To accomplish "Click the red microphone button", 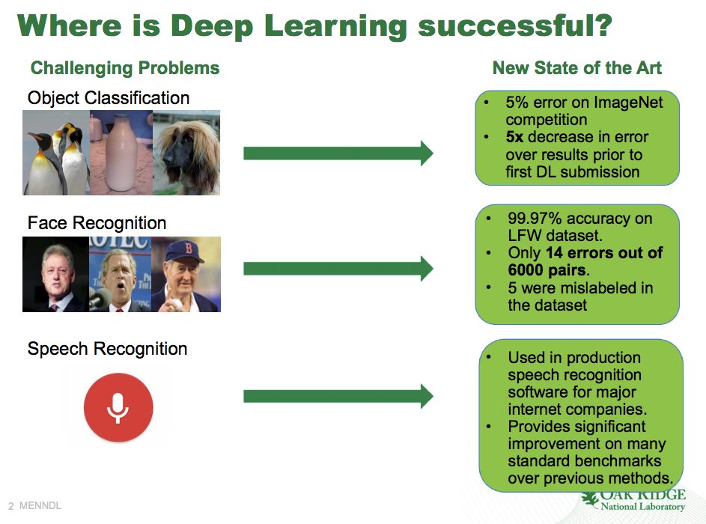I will click(118, 407).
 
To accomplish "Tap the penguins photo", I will click(56, 153).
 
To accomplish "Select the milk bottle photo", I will click(121, 153).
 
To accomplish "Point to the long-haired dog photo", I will click(186, 153).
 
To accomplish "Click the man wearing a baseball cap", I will click(186, 274).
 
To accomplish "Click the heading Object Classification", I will click(109, 98).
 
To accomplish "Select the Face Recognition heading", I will click(97, 223).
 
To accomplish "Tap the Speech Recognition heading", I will click(107, 349).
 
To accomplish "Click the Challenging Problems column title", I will click(125, 68).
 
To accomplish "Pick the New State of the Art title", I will click(577, 68).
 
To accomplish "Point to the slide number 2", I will click(10, 507).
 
